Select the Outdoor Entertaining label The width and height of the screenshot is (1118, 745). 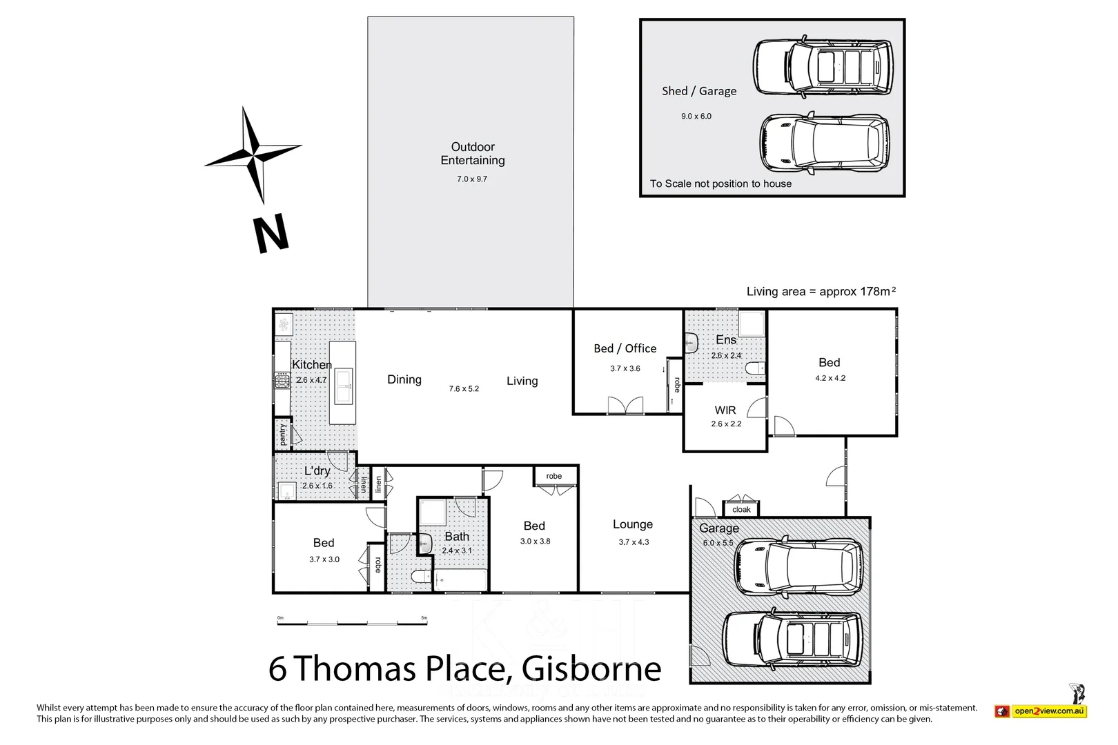click(x=473, y=153)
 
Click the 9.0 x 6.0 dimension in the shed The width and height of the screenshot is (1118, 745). click(x=696, y=116)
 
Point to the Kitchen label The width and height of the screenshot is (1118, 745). click(x=311, y=364)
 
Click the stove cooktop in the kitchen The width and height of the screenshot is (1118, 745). click(x=282, y=380)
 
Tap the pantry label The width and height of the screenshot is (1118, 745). click(x=282, y=435)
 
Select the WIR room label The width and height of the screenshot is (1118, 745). click(x=725, y=410)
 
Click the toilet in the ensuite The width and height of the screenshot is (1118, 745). click(x=756, y=369)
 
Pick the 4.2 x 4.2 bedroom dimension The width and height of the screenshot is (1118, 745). click(x=830, y=378)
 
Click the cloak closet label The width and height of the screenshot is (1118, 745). click(x=741, y=510)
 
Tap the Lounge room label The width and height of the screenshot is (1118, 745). click(x=633, y=524)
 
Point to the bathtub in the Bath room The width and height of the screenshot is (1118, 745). click(x=461, y=580)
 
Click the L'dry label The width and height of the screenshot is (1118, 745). click(x=317, y=470)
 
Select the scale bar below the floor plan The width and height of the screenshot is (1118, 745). click(x=352, y=623)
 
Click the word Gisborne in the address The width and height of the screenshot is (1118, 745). click(x=591, y=668)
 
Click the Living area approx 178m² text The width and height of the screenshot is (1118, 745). click(x=821, y=291)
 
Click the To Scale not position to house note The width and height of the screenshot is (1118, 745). click(x=720, y=183)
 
